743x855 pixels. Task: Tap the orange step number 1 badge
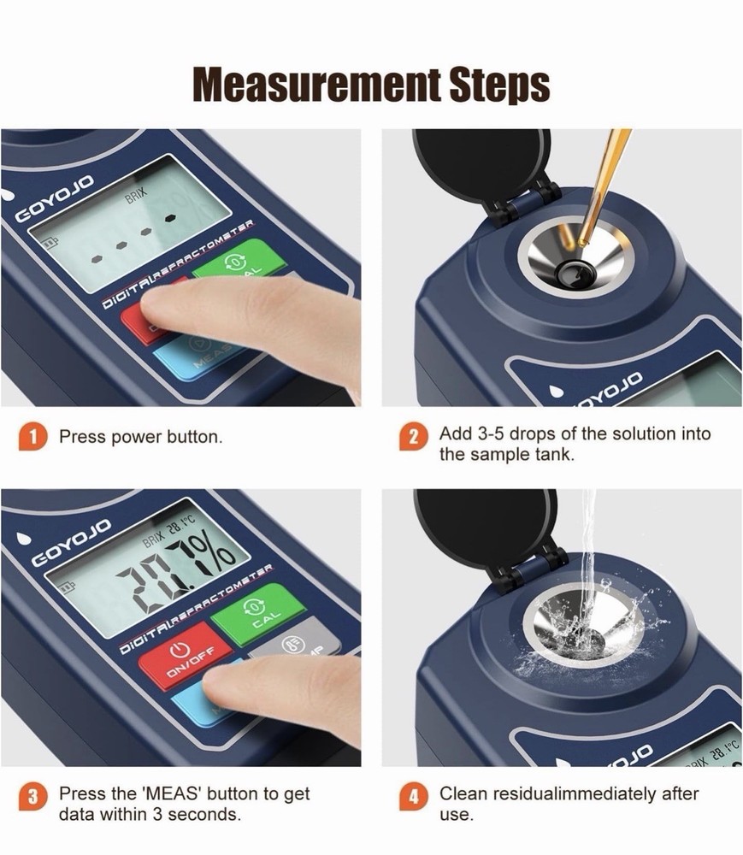click(x=32, y=437)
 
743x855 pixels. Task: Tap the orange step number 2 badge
click(x=414, y=438)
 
